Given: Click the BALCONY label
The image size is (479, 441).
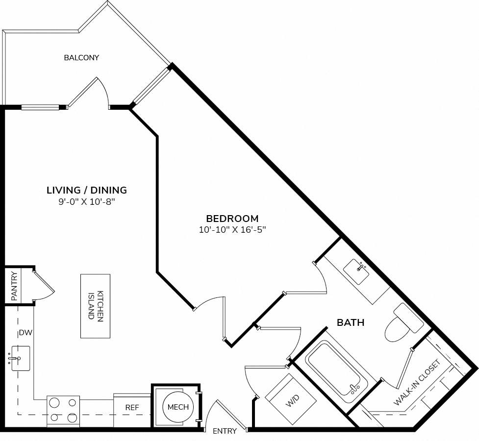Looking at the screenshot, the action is (x=81, y=57).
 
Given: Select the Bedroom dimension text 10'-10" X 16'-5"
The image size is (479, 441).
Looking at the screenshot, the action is (x=232, y=230).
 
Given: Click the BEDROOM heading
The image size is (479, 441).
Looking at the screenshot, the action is (x=232, y=219).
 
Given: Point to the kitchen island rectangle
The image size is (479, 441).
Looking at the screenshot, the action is (x=95, y=306).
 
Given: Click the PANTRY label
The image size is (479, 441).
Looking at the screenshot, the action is (x=14, y=286).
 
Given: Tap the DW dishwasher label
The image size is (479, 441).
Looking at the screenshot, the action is (x=25, y=333).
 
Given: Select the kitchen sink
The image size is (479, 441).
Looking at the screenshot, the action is (x=20, y=358).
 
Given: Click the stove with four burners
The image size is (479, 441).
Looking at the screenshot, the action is (x=63, y=411).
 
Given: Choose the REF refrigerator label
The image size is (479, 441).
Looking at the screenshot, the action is (x=132, y=407).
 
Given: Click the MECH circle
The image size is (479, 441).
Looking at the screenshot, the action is (x=178, y=407).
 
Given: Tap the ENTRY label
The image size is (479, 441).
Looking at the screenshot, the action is (x=225, y=431).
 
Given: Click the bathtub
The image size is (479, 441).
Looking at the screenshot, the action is (x=338, y=372).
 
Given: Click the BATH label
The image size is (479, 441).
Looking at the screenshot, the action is (x=351, y=322).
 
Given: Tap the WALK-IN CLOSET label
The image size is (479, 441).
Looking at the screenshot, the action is (x=417, y=382).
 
